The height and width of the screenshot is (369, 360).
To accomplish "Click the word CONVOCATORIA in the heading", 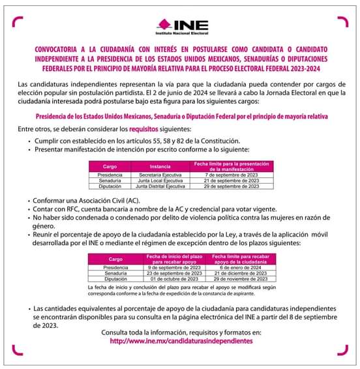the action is click(x=56, y=50).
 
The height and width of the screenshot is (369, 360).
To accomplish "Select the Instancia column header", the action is click(x=159, y=166).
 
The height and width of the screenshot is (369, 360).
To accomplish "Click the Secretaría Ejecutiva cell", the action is click(x=159, y=175).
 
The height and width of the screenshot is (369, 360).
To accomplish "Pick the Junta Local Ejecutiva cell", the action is click(x=159, y=181).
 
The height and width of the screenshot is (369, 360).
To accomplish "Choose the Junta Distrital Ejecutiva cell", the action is click(x=159, y=186).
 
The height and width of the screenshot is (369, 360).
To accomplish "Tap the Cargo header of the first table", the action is click(x=110, y=166).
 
